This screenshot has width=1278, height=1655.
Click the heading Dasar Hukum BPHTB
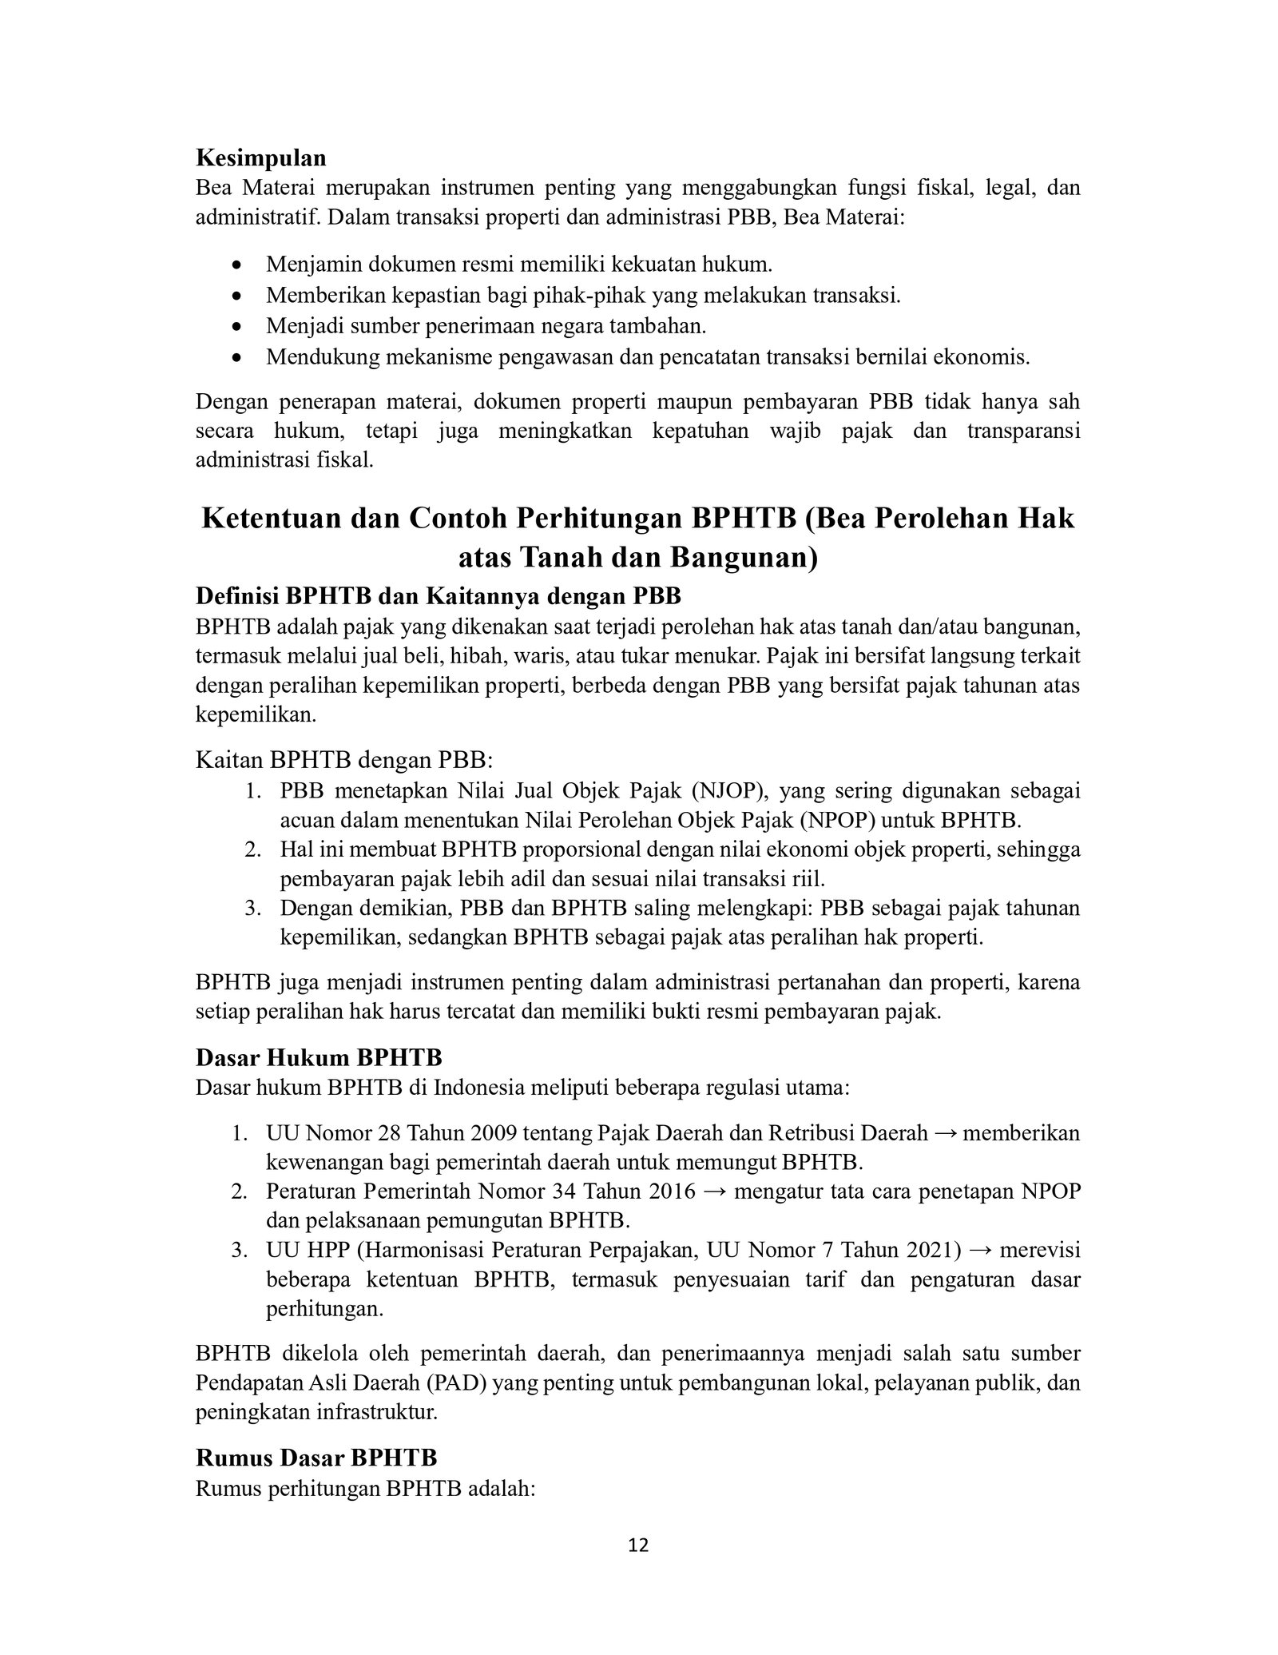pyautogui.click(x=319, y=1057)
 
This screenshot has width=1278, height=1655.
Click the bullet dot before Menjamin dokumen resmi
pyautogui.click(x=235, y=265)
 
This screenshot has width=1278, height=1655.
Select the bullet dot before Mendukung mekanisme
pyautogui.click(x=235, y=357)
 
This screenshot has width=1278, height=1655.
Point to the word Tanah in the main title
pyautogui.click(x=565, y=557)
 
